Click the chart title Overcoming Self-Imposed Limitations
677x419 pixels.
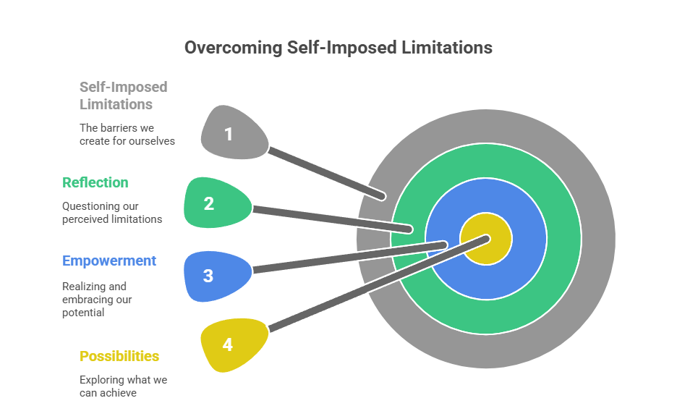pyautogui.click(x=338, y=48)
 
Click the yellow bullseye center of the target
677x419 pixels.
pyautogui.click(x=486, y=240)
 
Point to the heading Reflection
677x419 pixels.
pyautogui.click(x=95, y=182)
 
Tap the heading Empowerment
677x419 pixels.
pyautogui.click(x=109, y=261)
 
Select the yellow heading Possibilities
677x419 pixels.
pyautogui.click(x=119, y=356)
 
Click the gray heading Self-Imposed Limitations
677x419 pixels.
pyautogui.click(x=123, y=96)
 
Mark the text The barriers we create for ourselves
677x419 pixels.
pyautogui.click(x=127, y=134)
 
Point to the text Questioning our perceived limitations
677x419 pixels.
pyautogui.click(x=112, y=213)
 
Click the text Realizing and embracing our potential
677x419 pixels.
pyautogui.click(x=98, y=300)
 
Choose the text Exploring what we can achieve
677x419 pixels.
pyautogui.click(x=123, y=386)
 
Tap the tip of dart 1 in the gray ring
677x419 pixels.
pyautogui.click(x=384, y=195)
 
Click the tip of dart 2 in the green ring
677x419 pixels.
pyautogui.click(x=410, y=229)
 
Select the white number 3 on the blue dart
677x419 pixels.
pyautogui.click(x=208, y=276)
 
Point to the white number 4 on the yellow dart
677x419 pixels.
pyautogui.click(x=227, y=344)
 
